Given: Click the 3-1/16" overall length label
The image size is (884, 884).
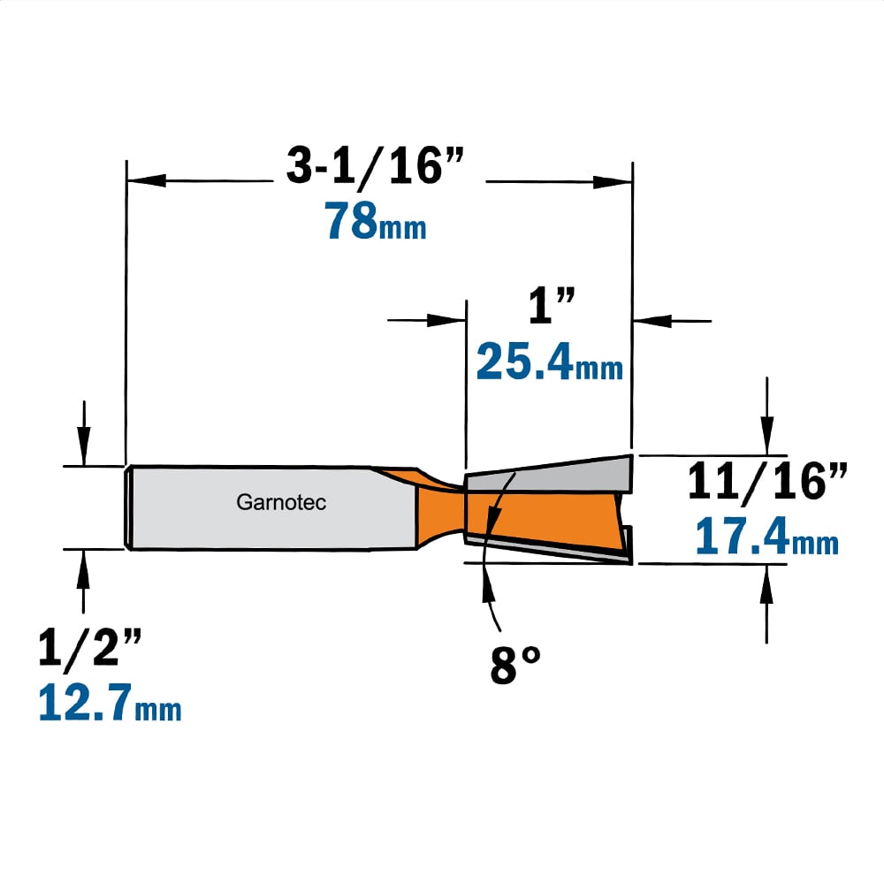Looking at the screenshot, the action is (375, 166).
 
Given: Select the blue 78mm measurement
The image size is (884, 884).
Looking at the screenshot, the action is (375, 221).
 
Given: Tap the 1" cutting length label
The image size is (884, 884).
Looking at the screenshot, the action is (552, 305).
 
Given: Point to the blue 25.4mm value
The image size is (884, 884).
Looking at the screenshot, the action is (550, 362).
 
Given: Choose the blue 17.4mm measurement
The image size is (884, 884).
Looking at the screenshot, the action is (766, 537).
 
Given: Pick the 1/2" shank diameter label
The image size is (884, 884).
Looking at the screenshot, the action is (89, 649).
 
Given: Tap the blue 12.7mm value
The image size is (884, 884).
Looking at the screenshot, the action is (110, 702).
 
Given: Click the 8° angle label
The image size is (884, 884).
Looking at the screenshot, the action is (515, 666).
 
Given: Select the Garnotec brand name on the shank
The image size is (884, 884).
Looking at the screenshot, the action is (281, 502).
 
